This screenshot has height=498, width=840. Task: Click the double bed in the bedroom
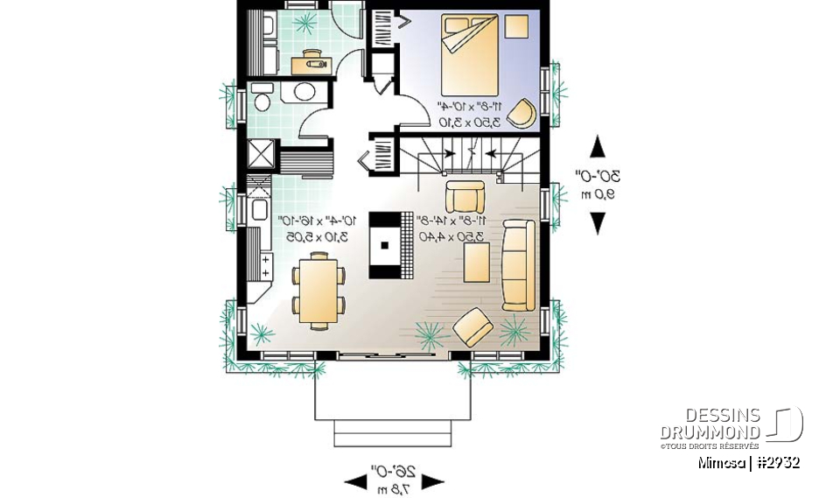pos(470,54)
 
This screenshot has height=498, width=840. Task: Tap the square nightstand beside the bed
pos(518,26)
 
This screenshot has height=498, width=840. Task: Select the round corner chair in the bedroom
pos(522,113)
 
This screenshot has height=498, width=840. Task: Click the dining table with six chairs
pos(318,290)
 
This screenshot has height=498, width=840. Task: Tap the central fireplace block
pos(384,244)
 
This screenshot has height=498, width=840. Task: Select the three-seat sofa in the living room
pos(518,266)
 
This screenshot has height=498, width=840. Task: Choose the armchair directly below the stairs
pos(463,195)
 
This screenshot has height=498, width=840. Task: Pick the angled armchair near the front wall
pos(473,326)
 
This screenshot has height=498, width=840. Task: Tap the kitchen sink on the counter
pos(261,209)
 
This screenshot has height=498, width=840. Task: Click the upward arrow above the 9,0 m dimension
pos(598,145)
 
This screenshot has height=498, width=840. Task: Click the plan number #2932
pos(776,462)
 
